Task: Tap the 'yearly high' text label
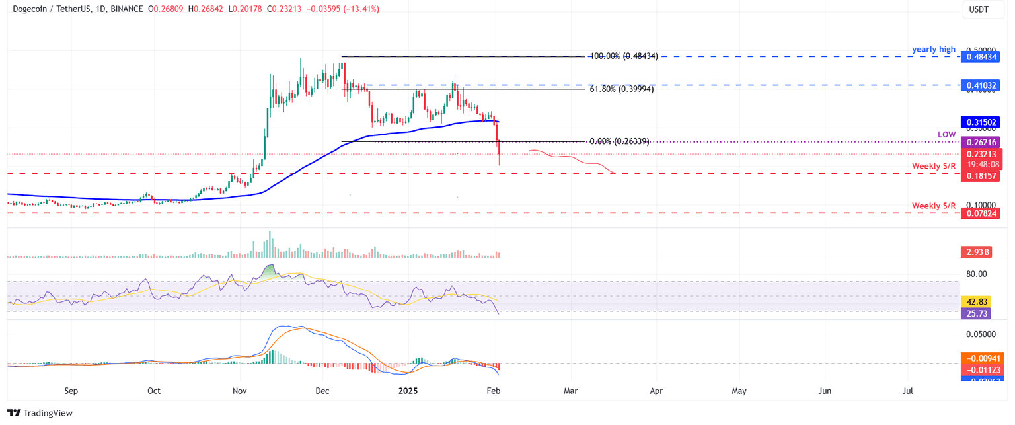[934, 49]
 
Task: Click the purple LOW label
[946, 134]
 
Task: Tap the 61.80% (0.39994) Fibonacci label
[622, 89]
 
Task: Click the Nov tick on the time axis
[240, 391]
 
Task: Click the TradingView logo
[41, 413]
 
